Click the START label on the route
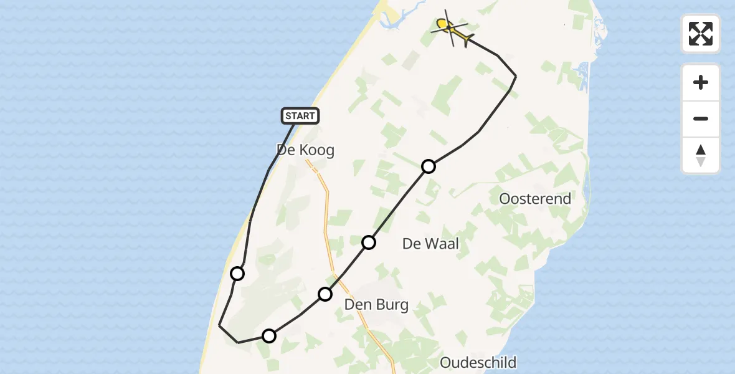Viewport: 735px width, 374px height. click(x=300, y=115)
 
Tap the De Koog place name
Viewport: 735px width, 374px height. click(x=305, y=150)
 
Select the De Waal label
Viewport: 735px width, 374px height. click(x=430, y=244)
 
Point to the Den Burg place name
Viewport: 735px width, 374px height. click(x=376, y=305)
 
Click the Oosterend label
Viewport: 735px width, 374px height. click(x=535, y=199)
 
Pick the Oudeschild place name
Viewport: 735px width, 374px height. click(x=478, y=362)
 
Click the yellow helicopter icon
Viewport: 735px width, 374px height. click(x=452, y=29)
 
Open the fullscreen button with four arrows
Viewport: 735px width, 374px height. click(x=701, y=34)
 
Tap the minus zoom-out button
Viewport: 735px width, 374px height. click(x=701, y=119)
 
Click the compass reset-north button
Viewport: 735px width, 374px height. click(x=701, y=155)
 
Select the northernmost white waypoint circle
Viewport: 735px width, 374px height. click(x=429, y=166)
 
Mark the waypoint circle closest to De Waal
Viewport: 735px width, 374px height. click(x=369, y=242)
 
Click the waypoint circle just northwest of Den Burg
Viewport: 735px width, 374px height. click(x=325, y=294)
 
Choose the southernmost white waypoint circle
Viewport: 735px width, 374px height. click(x=268, y=336)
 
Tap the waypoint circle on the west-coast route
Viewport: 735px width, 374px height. click(x=237, y=273)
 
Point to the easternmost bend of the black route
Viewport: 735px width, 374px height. click(x=516, y=76)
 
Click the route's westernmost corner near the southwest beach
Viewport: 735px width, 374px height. click(x=219, y=325)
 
